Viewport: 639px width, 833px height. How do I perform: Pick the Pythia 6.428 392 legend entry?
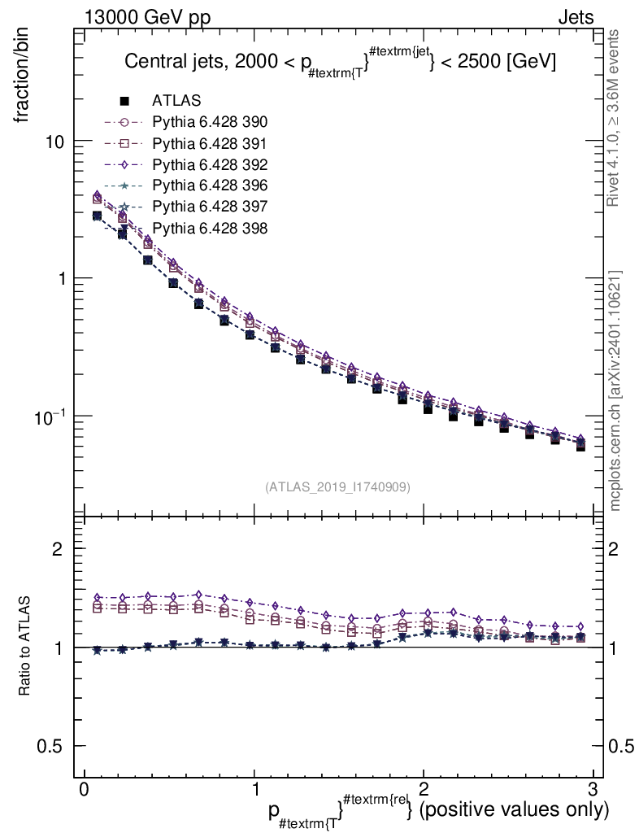pos(210,164)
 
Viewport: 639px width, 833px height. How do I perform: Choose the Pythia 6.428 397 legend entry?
pos(210,206)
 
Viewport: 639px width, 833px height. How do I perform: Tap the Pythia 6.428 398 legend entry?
pos(210,227)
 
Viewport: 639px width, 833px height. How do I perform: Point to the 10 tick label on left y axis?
pos(54,142)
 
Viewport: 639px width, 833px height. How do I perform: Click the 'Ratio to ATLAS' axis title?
pos(25,647)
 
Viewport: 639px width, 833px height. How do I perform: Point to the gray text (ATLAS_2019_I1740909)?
pos(337,487)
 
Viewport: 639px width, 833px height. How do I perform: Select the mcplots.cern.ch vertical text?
pos(615,390)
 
